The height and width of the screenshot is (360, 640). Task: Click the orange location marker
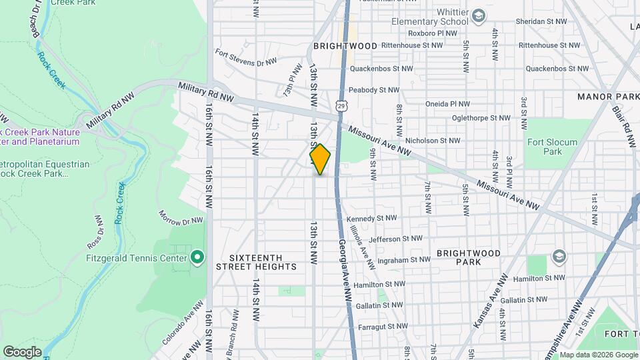coord(320,159)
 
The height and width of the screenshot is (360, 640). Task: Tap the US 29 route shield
coord(341,106)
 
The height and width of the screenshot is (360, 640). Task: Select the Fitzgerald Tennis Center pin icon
coord(197,257)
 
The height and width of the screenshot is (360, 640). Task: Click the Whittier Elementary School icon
coord(478,15)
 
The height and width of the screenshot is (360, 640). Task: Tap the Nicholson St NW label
coord(433,141)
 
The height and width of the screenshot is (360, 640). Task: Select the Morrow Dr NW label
coord(180,217)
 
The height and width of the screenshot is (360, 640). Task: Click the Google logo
coord(22,351)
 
